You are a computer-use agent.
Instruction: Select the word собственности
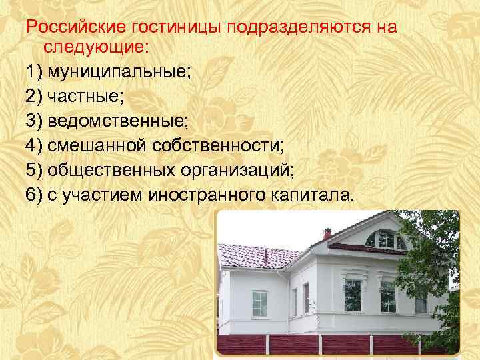(x=217, y=144)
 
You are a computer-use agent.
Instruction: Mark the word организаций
(x=237, y=169)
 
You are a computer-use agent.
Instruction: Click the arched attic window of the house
(x=386, y=239)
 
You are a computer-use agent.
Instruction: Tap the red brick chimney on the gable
(x=327, y=234)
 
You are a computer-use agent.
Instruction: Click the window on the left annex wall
(x=259, y=304)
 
